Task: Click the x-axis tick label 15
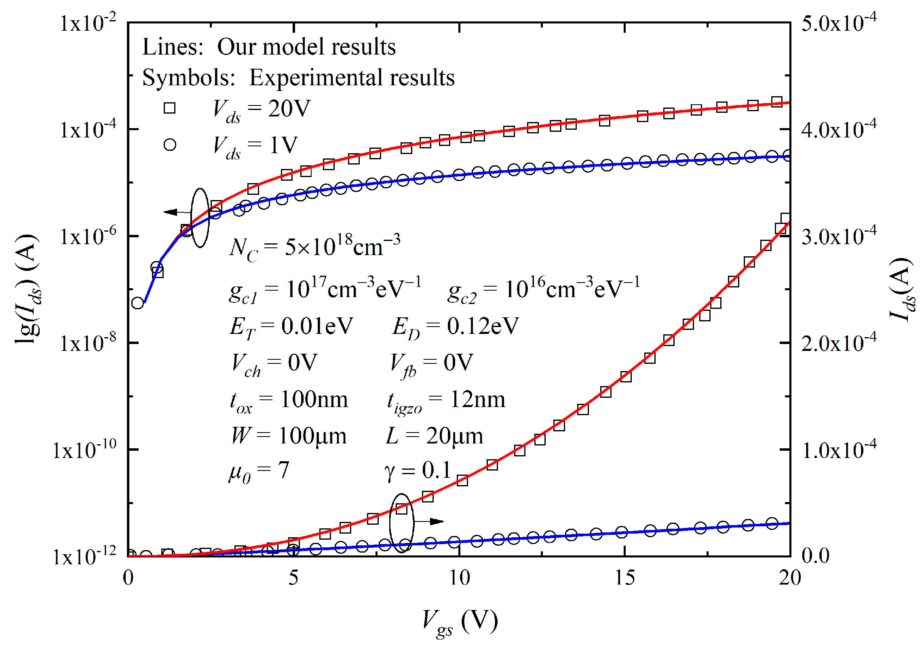[x=625, y=578]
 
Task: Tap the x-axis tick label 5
[x=294, y=578]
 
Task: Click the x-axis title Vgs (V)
[x=460, y=623]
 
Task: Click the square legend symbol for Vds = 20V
[x=169, y=108]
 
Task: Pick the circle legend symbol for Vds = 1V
[x=170, y=144]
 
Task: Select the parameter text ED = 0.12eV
[x=455, y=327]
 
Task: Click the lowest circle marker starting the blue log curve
[x=137, y=303]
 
